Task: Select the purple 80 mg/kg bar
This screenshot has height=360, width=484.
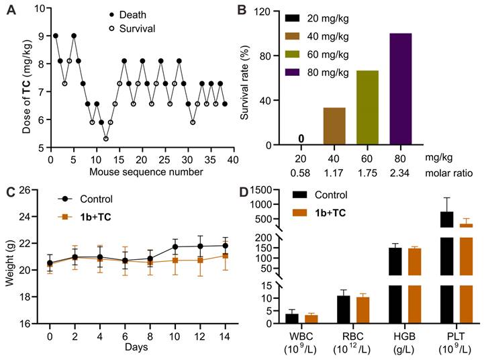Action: tap(400, 89)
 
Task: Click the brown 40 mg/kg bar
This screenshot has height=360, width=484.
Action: tap(335, 126)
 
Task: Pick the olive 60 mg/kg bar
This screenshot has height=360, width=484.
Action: tap(368, 107)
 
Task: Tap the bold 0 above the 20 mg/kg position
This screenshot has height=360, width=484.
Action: tap(302, 139)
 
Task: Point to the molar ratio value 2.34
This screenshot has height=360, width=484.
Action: tap(401, 172)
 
